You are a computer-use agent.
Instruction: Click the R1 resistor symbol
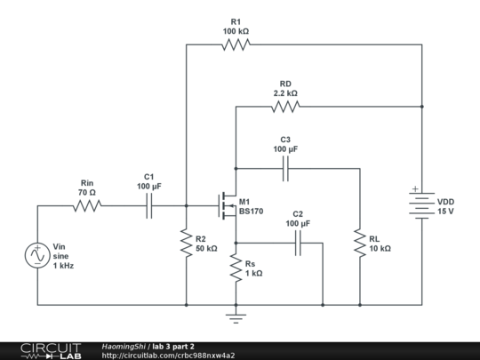[x=236, y=44]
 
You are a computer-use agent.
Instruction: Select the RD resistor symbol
[x=285, y=107]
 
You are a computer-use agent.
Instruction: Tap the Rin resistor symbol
[x=87, y=206]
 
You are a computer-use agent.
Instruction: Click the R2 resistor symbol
[x=186, y=243]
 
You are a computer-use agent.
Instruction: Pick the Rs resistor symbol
[x=236, y=268]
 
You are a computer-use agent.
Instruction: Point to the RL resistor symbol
[x=360, y=243]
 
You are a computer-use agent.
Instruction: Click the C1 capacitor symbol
[x=148, y=206]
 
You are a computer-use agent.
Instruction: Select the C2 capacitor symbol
[x=298, y=243]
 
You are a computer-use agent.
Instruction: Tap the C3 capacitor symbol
[x=285, y=168]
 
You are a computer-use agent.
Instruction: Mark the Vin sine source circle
[x=37, y=255]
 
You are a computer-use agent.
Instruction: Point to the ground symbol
[x=236, y=316]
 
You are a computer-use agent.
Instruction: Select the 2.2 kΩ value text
[x=285, y=92]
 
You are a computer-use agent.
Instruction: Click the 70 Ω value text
[x=86, y=192]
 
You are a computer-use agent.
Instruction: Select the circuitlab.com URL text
[x=169, y=356]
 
